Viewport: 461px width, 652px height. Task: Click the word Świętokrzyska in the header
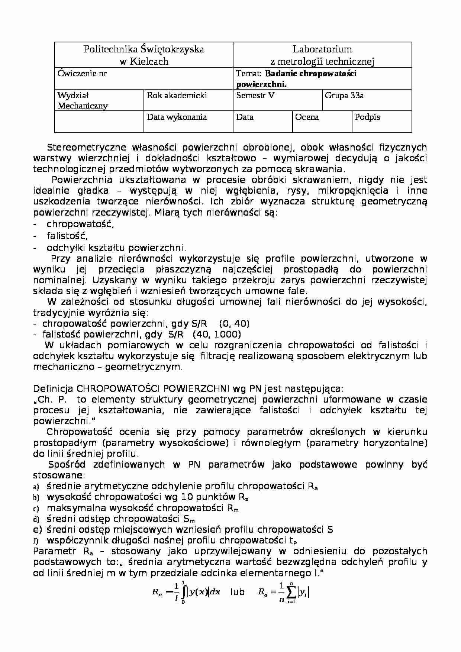click(x=172, y=49)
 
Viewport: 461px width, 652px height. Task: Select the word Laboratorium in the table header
click(x=322, y=49)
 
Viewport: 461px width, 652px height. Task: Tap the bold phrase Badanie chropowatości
click(x=311, y=74)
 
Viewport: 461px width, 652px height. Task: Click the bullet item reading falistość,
click(x=67, y=236)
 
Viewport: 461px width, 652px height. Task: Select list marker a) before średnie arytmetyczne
click(x=36, y=487)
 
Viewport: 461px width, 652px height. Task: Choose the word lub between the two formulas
click(x=237, y=592)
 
